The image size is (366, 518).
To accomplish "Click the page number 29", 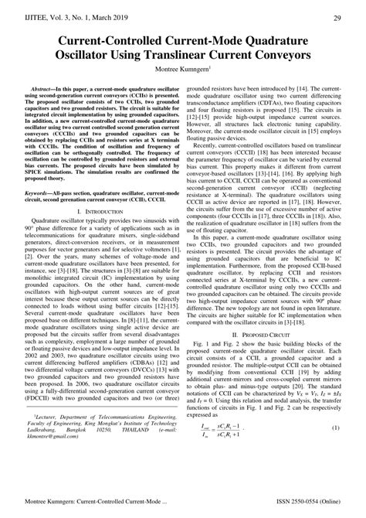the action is pos(337,17).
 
